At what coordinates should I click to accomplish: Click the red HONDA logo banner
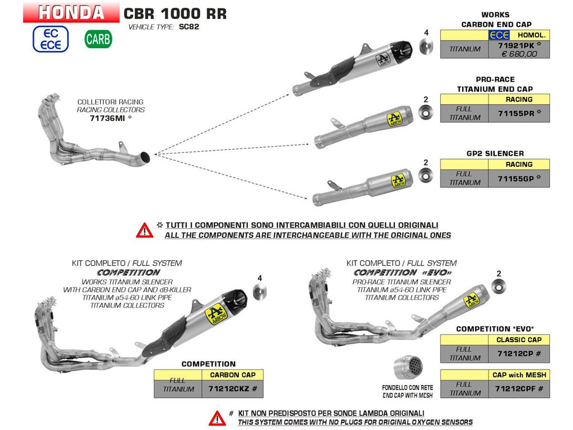pos(71,12)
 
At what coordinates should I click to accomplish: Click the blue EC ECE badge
pos(50,39)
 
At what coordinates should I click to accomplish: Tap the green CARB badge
pos(98,39)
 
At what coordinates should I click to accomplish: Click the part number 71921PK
pos(516,46)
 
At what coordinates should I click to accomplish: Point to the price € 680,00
pos(519,54)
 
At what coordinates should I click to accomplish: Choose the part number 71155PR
pos(516,113)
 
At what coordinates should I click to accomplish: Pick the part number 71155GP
pos(516,179)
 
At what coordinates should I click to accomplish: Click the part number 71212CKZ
pos(229,389)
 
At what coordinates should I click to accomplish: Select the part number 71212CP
pos(515,354)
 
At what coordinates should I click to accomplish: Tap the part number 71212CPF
pos(516,389)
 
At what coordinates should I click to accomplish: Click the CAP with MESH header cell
pos(519,375)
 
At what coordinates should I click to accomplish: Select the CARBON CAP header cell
pos(232,375)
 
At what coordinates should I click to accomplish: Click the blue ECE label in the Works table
pos(499,35)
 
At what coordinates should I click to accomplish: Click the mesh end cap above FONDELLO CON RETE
pos(408,367)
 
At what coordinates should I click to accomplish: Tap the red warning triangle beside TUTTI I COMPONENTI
pos(145,230)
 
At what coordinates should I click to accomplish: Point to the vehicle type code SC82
pos(189,27)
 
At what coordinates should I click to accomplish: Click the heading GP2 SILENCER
pos(495,153)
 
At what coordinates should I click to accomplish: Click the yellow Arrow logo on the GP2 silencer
pos(398,181)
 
